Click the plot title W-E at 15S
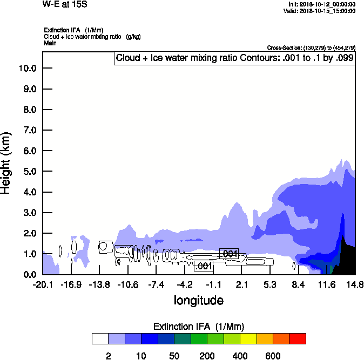[64, 4]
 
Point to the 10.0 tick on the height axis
[27, 68]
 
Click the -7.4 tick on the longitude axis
[156, 284]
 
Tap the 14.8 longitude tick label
[354, 284]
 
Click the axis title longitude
[198, 300]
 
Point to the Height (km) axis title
[6, 161]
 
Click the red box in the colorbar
[298, 338]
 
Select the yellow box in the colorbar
[248, 338]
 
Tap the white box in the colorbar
[100, 338]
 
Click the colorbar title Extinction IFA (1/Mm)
[199, 327]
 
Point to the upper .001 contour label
[229, 254]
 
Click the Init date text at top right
[322, 4]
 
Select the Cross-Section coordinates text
[311, 48]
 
